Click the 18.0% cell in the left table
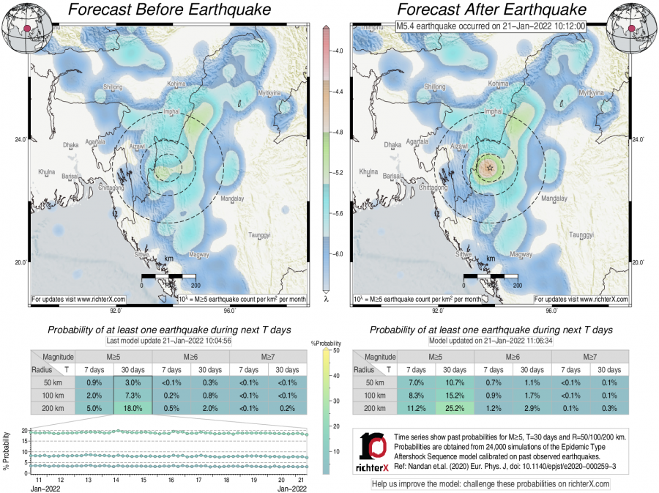coord(133,409)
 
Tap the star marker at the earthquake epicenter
coord(490,168)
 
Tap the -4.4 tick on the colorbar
coord(338,92)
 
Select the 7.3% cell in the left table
coord(133,396)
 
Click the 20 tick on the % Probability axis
coord(25,431)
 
